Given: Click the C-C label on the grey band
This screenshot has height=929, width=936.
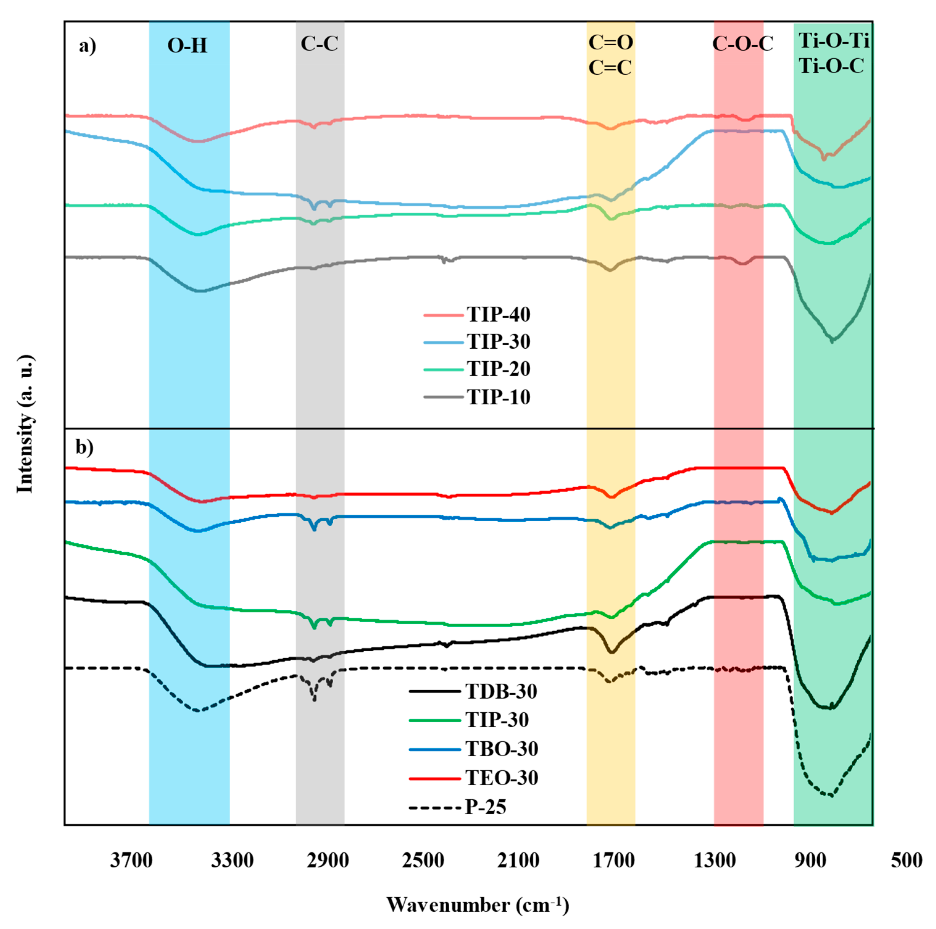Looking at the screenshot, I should pos(319,44).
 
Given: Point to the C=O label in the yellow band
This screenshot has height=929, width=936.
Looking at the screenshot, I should pos(610,43).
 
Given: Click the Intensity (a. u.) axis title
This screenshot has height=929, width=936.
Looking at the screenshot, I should pos(25,424).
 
